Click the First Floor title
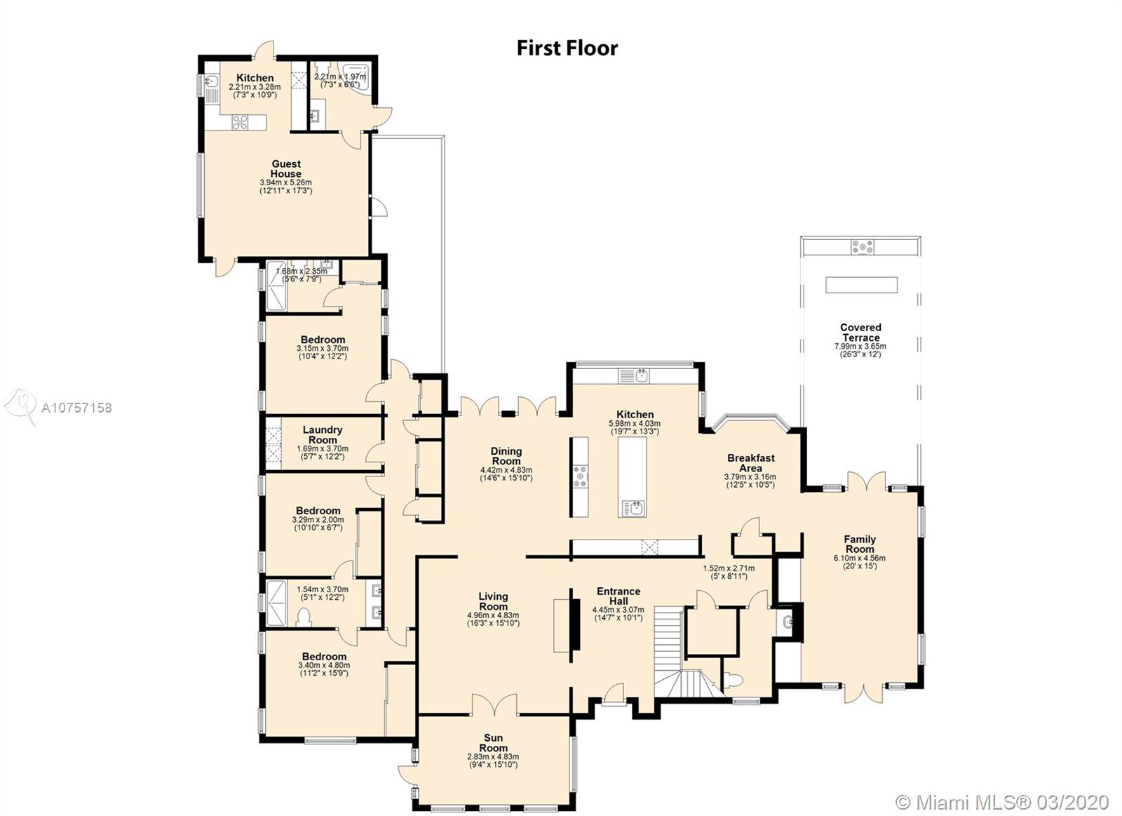click(567, 48)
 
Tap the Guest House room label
click(286, 168)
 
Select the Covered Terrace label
click(860, 333)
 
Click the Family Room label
click(860, 544)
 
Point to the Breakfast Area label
click(751, 462)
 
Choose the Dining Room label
click(506, 456)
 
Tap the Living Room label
click(493, 601)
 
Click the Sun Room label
click(494, 743)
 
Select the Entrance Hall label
click(619, 596)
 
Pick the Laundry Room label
click(323, 434)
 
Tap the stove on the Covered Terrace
click(862, 247)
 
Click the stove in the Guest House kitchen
click(240, 123)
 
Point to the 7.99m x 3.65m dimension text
click(860, 347)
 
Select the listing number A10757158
click(76, 408)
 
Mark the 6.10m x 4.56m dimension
click(860, 558)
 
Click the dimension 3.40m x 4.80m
click(324, 665)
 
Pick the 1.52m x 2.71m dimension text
click(729, 568)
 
